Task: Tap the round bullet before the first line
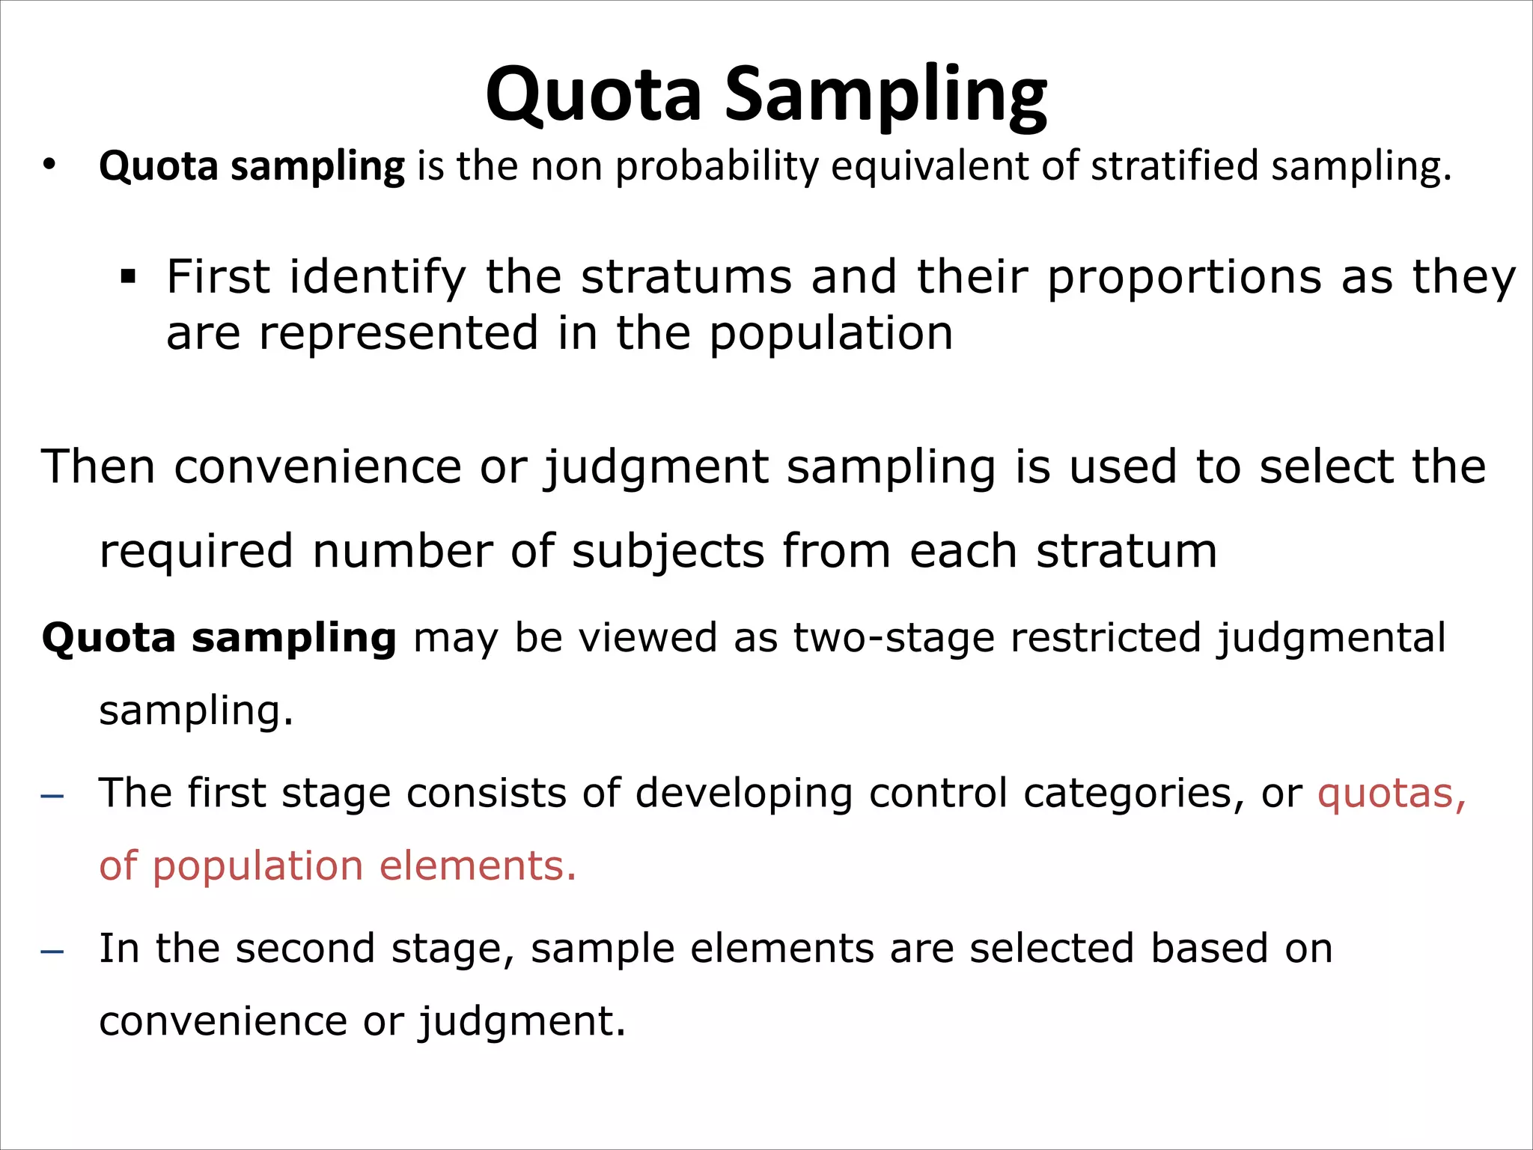[x=49, y=165]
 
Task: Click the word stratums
[x=686, y=276]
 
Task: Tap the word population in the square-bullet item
[x=831, y=334]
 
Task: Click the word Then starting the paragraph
[x=98, y=466]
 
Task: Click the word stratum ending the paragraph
[x=1127, y=551]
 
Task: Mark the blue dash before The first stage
[x=52, y=795]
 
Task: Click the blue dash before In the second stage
[x=52, y=951]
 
